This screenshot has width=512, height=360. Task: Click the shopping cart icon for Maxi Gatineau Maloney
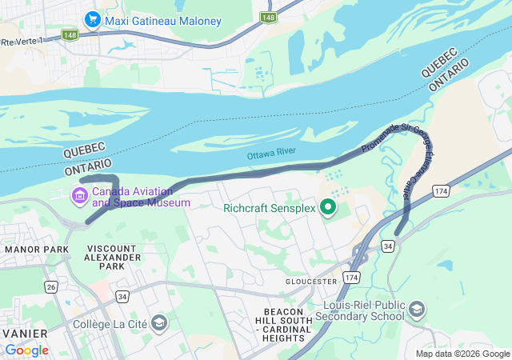tap(93, 18)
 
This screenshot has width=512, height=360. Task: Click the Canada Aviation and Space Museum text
tap(141, 197)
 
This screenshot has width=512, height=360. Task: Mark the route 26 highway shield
tap(52, 286)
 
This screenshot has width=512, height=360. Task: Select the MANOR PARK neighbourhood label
tap(37, 250)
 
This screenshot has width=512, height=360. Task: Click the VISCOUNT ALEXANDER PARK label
tap(112, 258)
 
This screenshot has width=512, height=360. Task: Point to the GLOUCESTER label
tap(311, 282)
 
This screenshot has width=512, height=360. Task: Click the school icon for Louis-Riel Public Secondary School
tap(417, 309)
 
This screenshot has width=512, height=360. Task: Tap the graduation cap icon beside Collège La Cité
tap(159, 322)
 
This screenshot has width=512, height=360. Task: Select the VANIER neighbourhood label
tap(24, 332)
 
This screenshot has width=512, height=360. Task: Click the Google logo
tap(27, 350)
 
